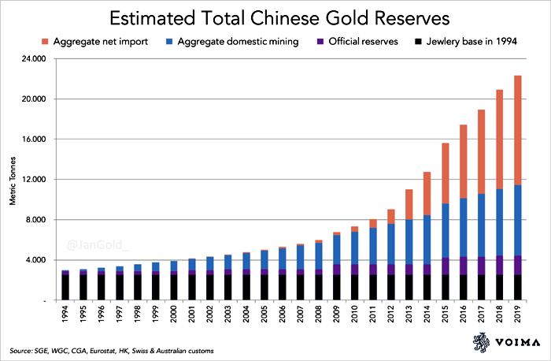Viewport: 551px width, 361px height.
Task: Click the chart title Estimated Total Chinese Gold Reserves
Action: coord(275,17)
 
